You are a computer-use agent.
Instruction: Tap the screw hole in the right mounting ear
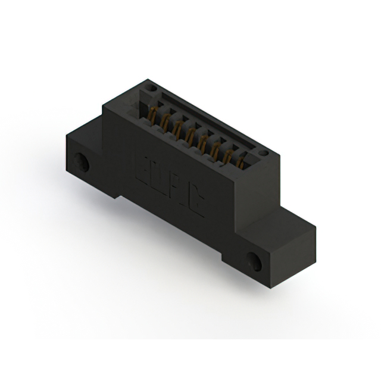click(x=254, y=260)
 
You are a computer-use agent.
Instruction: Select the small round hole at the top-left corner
click(x=151, y=88)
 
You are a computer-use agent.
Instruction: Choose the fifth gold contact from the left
click(x=202, y=142)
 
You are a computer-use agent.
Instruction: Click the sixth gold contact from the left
click(x=215, y=148)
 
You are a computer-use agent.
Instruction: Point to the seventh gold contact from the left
click(x=228, y=155)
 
